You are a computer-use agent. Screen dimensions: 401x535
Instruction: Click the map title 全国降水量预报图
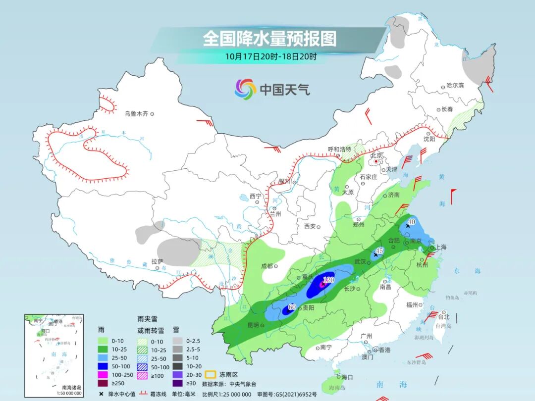coord(269,38)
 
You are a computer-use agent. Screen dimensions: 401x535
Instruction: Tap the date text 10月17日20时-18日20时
coord(270,56)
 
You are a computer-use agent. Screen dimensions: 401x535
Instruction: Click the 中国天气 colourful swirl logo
coord(245,89)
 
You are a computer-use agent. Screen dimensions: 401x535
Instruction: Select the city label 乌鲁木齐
coord(136,114)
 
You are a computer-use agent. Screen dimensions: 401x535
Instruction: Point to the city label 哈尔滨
coord(455,86)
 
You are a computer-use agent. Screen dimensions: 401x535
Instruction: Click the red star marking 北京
coord(376,161)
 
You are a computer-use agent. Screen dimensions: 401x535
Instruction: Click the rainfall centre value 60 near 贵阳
coord(292,307)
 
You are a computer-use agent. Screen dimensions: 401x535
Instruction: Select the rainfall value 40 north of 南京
coord(412,222)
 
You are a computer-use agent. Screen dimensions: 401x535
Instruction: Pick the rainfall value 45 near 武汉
coord(380,251)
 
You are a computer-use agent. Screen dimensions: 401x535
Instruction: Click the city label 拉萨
coord(157,261)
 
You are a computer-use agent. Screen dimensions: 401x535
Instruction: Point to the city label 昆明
coord(253,325)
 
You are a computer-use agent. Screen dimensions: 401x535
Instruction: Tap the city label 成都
coord(267,266)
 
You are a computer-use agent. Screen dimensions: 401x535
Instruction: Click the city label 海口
coord(347,377)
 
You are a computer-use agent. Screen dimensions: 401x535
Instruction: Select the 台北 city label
coord(442,317)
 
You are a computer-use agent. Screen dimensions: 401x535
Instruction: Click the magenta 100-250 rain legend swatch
coord(103,374)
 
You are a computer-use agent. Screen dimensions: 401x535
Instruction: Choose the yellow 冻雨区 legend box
coord(210,375)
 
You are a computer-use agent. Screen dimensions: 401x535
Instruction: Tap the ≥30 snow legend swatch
coord(178,383)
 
